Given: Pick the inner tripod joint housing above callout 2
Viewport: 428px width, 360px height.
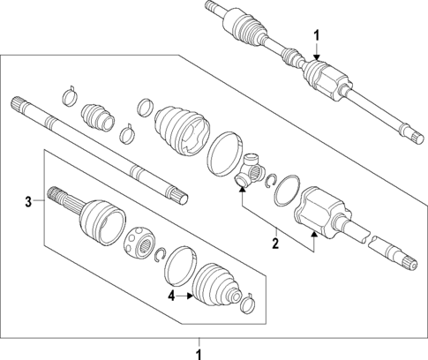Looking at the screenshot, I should [314, 213].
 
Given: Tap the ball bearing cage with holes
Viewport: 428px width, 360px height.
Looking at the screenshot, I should [141, 241].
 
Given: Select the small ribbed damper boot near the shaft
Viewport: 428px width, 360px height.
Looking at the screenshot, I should [95, 118].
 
